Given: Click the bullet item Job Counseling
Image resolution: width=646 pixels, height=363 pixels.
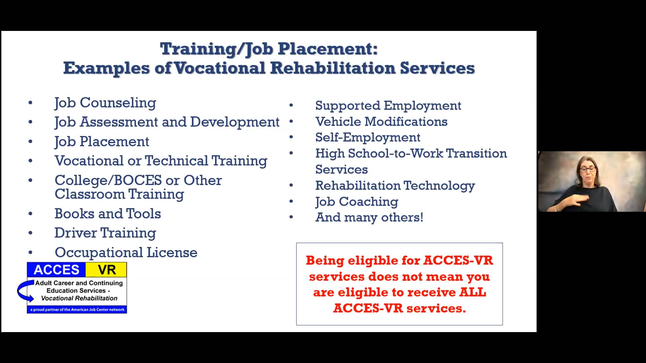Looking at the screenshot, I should coord(105,103).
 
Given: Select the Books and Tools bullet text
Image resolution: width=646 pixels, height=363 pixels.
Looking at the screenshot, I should coord(108,214).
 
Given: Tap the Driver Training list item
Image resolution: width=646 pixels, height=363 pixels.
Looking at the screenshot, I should coord(105,233).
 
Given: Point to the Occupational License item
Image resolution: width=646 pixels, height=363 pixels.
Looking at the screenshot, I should coord(126,252).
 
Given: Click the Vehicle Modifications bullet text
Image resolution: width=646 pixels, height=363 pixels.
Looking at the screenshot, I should coord(381,122).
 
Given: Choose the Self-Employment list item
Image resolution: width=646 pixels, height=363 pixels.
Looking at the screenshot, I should coord(367,137).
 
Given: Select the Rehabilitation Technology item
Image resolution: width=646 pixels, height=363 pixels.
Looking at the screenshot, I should coord(395,186).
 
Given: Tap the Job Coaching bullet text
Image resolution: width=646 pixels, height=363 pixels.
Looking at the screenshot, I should coord(357,202).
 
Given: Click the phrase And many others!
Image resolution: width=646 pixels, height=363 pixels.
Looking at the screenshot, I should coord(369,217).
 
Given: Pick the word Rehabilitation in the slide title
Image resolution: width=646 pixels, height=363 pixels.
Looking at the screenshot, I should coord(333,68).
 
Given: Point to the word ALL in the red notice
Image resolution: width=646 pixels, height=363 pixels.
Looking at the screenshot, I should coord(473,292).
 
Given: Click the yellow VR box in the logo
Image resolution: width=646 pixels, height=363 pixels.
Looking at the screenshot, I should coord(106,270).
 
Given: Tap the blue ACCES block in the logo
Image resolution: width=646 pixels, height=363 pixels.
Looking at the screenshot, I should coord(56,270).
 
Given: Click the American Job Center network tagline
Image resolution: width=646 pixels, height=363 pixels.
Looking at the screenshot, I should coord(77,310).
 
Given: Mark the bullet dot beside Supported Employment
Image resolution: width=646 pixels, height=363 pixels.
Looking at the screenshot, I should coord(291,106).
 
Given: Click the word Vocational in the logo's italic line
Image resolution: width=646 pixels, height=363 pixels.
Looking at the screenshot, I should coord(56,298).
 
